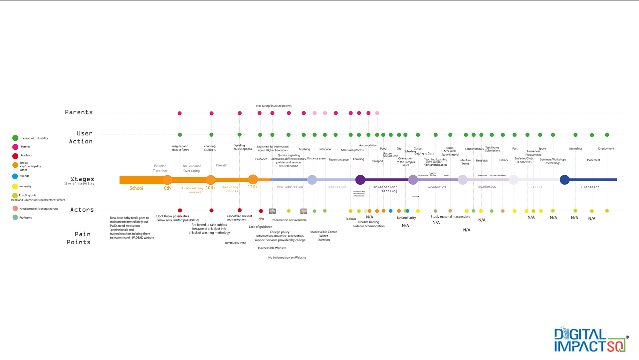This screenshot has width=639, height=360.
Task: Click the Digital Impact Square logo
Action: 590,340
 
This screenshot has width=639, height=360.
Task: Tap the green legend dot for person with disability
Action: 15,138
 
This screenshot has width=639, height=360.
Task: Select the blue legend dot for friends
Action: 15,176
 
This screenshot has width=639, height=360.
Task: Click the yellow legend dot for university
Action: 15,186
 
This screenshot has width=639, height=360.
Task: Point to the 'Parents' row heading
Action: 79,112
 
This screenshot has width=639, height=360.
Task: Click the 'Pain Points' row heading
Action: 79,238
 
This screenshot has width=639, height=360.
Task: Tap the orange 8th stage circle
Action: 167,180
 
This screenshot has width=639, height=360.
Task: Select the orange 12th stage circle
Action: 253,180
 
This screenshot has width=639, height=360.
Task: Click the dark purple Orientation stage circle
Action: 360,180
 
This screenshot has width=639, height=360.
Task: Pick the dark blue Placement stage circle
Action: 564,180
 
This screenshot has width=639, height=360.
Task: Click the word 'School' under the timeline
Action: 136,188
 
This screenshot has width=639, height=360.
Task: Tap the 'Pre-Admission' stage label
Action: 290,187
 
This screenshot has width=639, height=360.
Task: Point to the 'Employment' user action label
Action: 606,149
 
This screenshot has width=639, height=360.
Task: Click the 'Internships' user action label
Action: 575,149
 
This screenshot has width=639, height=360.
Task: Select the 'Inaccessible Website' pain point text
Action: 272,248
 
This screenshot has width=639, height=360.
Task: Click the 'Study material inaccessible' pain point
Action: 450,217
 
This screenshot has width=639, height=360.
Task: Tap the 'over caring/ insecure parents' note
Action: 274,106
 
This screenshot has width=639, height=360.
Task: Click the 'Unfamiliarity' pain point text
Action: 406,218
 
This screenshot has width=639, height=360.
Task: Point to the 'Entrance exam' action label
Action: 316,159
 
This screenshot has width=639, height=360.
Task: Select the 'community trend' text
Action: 235,243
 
